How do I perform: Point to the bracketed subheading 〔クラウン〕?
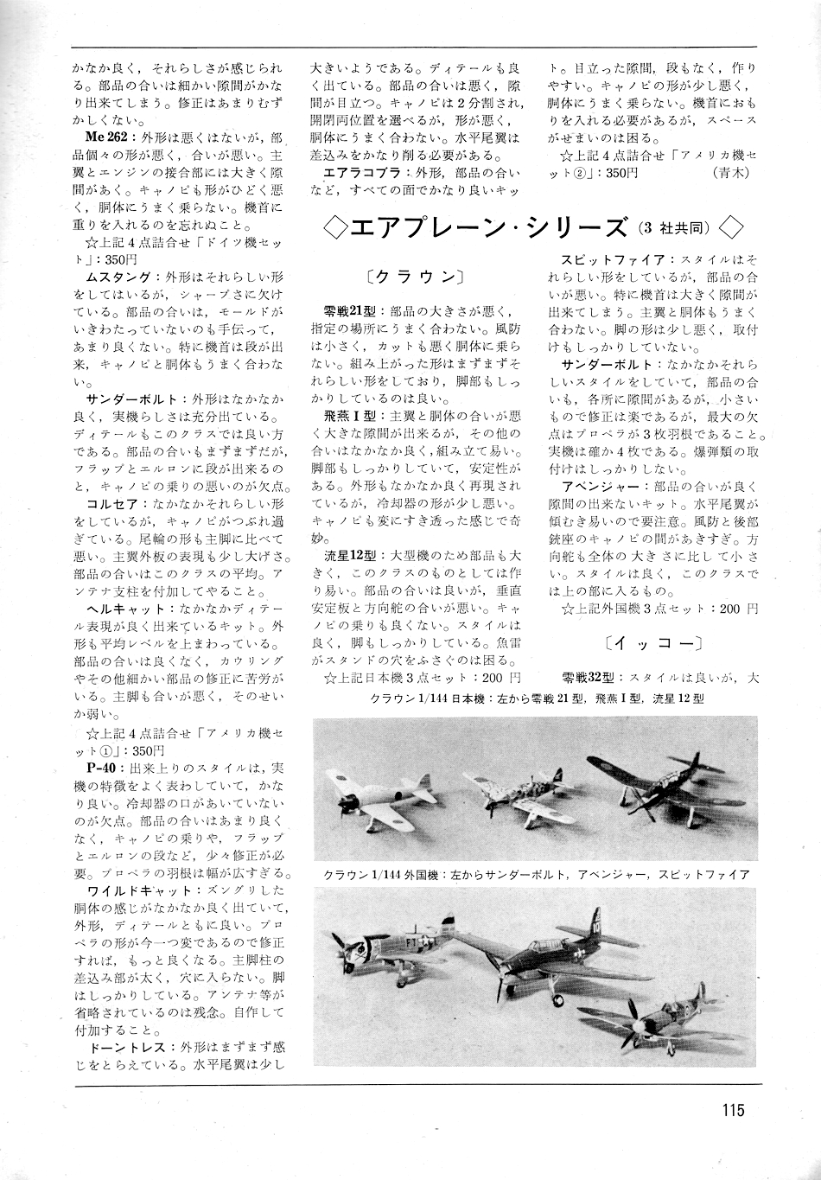point(416,277)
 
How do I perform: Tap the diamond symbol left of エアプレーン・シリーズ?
point(333,228)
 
